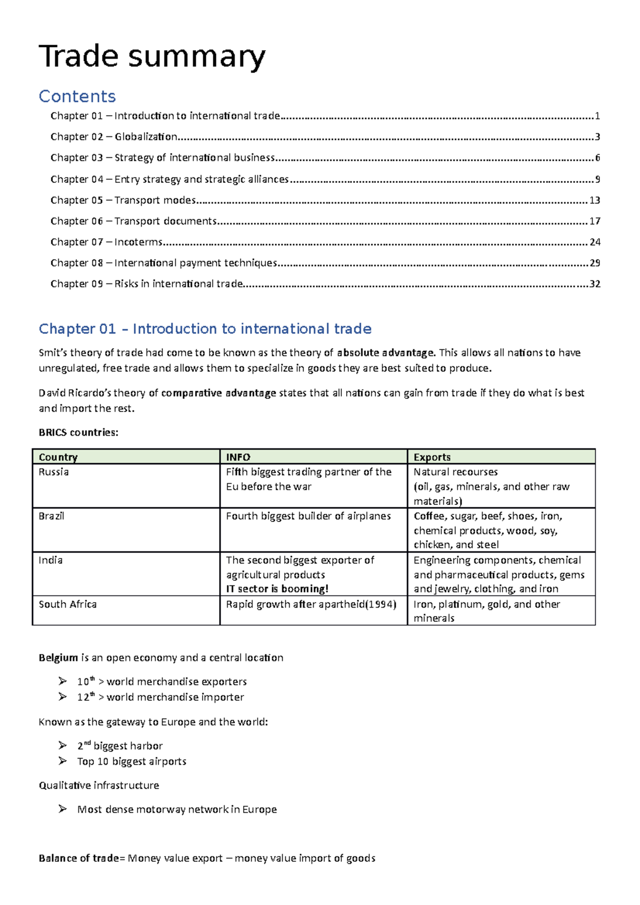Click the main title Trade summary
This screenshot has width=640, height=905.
click(152, 56)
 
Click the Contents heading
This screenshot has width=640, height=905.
click(77, 96)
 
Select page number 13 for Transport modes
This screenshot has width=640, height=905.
click(595, 200)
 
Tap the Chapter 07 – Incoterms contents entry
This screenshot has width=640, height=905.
click(107, 242)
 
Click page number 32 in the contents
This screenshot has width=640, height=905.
click(595, 284)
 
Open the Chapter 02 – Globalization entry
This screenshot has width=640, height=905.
click(114, 137)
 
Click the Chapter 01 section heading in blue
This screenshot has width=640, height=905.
click(205, 329)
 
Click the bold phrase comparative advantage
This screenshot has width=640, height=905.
click(219, 393)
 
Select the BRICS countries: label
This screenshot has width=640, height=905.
click(78, 433)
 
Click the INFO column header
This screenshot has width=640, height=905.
click(238, 457)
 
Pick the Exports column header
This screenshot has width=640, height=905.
click(432, 457)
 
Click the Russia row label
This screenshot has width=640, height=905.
click(54, 472)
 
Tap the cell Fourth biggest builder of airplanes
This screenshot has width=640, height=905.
click(308, 516)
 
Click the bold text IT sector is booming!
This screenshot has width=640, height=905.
click(277, 589)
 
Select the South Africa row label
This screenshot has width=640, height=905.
click(68, 604)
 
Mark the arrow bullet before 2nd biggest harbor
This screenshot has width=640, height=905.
click(63, 746)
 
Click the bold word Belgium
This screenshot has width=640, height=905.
click(58, 658)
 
